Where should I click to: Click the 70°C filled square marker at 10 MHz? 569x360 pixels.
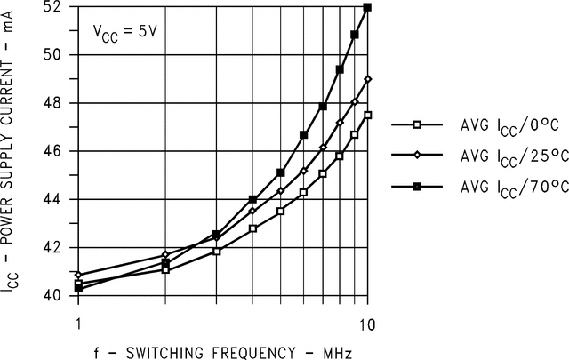[x=367, y=7]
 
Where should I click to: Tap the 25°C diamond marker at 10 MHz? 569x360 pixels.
[x=367, y=79]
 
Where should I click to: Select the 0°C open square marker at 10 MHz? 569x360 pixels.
[x=367, y=115]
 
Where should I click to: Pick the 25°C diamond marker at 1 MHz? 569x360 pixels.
[x=78, y=276]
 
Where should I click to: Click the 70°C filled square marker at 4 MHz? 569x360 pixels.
[x=252, y=199]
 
